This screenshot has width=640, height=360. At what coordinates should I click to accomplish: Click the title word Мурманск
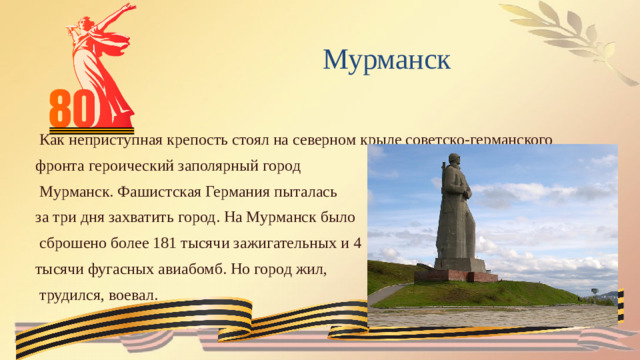pos(386,60)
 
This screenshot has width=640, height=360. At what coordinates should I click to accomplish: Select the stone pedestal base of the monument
pos(456,273)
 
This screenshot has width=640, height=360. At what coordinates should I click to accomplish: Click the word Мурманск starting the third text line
pos(75,190)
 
